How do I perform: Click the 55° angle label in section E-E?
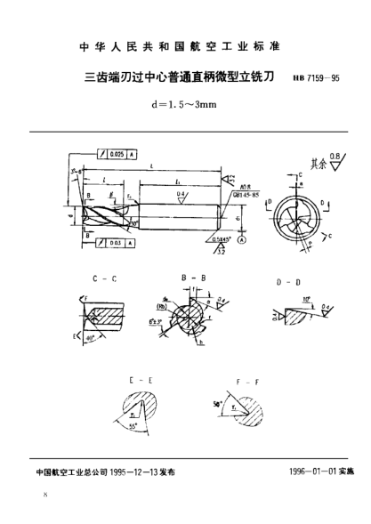pos(136,427)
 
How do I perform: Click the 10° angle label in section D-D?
pos(305,299)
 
